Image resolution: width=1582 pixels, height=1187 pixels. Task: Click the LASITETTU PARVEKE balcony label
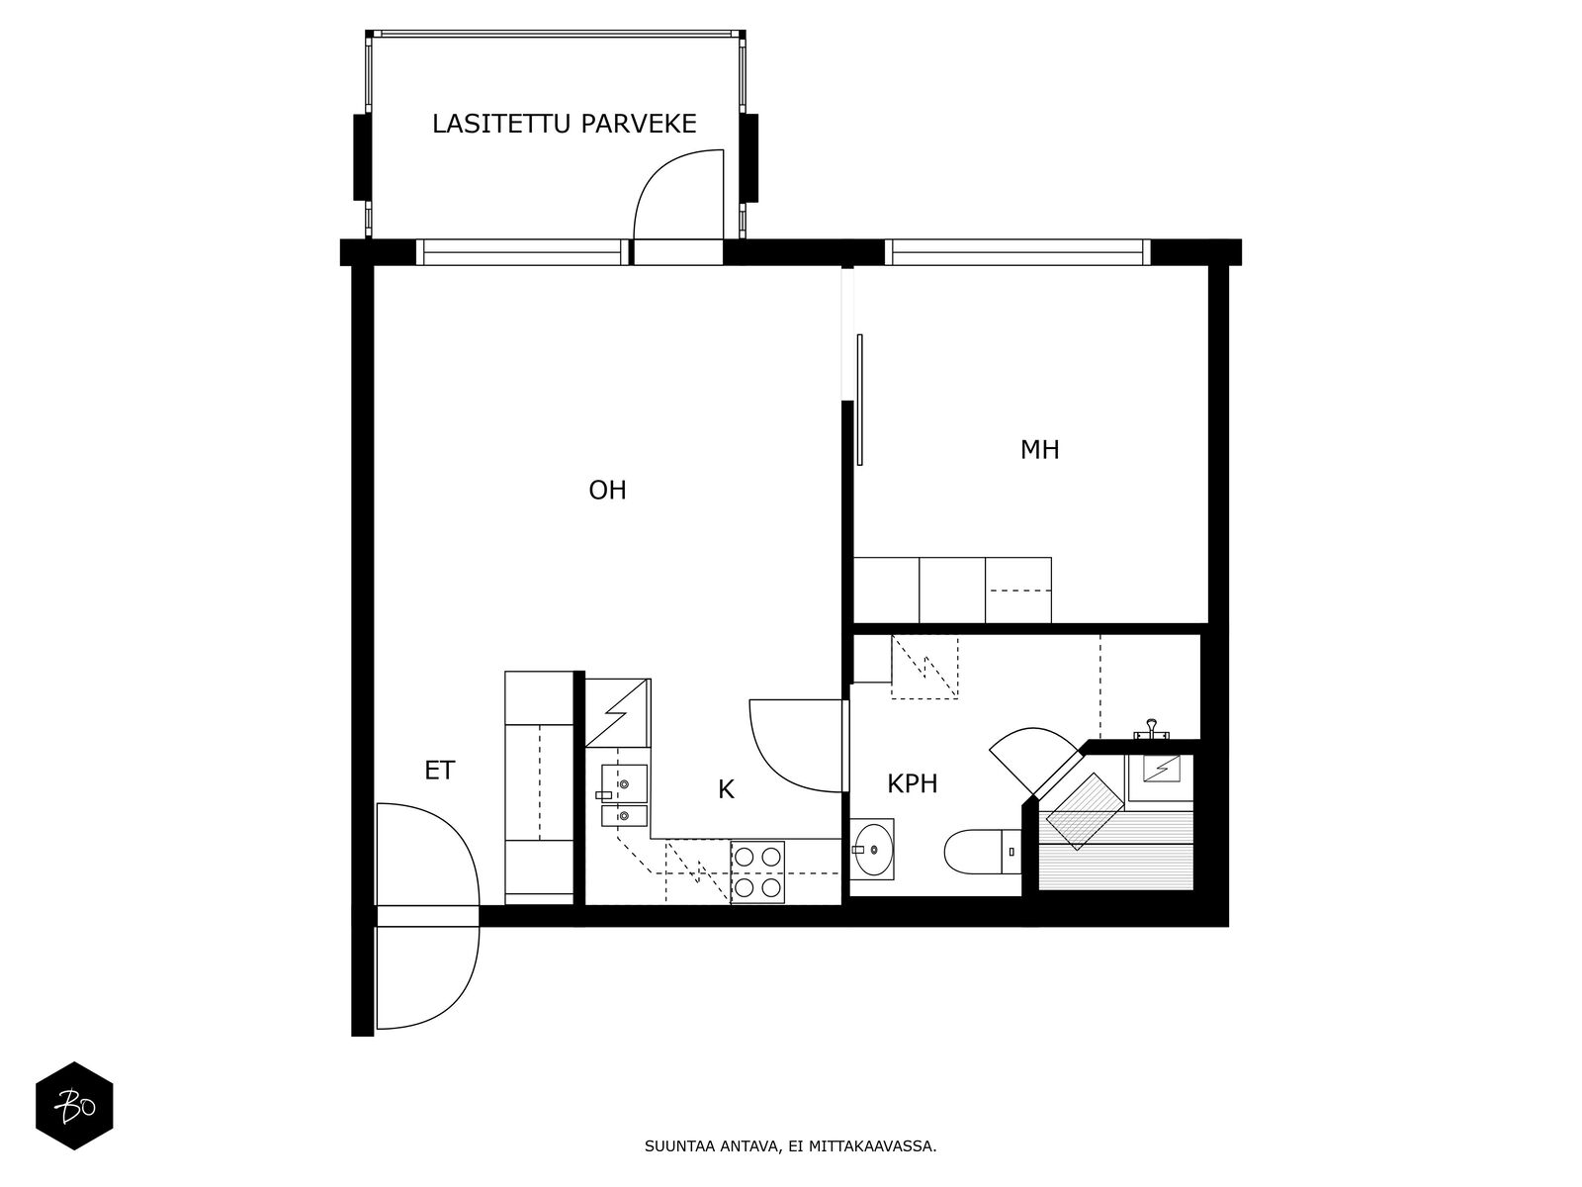pos(564,124)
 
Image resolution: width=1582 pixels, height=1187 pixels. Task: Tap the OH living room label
pos(607,490)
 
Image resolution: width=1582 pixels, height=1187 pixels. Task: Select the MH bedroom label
pos(1039,450)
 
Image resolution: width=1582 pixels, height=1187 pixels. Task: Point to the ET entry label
pos(440,771)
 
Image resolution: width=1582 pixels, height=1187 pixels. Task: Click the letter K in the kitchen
pos(726,790)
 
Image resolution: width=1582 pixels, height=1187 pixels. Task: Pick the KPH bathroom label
pos(912,783)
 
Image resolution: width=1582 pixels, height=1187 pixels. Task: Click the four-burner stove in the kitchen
pos(757,872)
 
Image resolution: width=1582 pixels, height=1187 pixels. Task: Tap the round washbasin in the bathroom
pos(872,850)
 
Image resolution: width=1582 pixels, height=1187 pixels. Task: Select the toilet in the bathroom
pos(983,852)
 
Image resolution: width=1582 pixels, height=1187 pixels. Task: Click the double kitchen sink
pos(624,795)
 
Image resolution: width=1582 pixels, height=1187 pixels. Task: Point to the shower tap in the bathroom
pos(1152,729)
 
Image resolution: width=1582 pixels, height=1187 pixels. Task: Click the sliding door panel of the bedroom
pos(860,400)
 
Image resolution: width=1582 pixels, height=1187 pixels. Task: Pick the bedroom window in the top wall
pos(1017,252)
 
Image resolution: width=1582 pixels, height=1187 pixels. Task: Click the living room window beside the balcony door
pos(522,252)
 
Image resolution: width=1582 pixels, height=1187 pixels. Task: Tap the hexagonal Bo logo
pos(74,1106)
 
